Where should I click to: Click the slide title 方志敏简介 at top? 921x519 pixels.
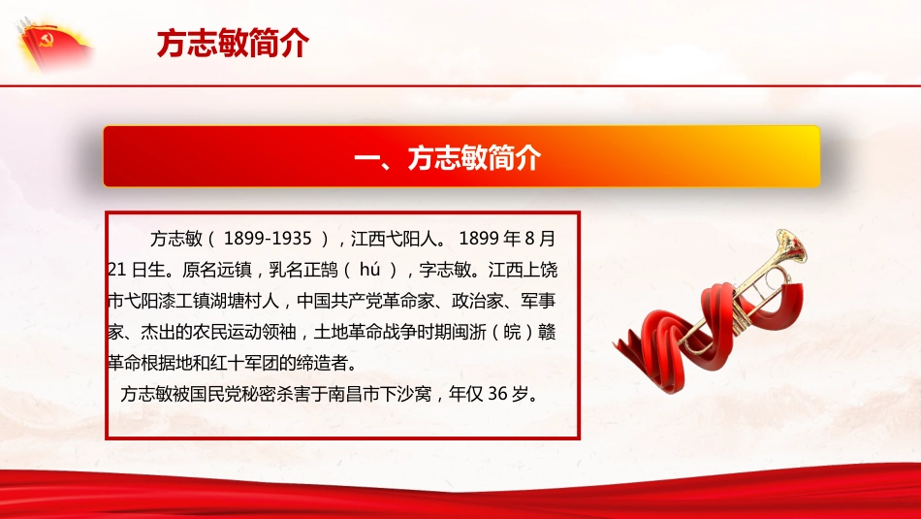pos(232,44)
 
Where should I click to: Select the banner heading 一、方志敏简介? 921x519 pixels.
pos(460,157)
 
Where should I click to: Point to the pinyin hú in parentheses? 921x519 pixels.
pos(366,269)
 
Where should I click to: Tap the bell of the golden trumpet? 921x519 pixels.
pos(788,246)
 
